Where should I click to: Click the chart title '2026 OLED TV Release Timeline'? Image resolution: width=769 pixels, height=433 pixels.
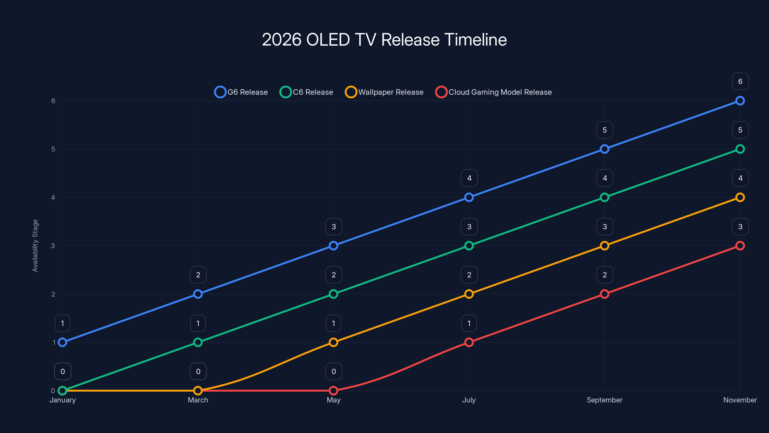tap(384, 40)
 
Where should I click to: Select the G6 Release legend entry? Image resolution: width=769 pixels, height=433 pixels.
tap(241, 92)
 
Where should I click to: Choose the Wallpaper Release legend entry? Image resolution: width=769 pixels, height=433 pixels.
tap(384, 92)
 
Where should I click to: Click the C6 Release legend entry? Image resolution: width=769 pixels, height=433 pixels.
tap(307, 92)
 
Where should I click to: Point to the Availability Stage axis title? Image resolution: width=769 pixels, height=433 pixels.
tap(35, 246)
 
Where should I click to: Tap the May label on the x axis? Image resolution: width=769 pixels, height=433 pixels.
tap(334, 400)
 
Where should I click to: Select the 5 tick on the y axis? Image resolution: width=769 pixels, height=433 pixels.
tap(53, 149)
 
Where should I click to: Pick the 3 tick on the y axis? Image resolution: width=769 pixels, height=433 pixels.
tap(53, 246)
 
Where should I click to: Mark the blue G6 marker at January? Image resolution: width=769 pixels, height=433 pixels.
tap(62, 342)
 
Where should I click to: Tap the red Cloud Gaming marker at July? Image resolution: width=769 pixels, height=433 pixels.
tap(469, 342)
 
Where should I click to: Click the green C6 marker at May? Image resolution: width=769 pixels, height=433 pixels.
tap(334, 294)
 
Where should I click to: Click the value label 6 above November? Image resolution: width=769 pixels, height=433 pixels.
tap(740, 81)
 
